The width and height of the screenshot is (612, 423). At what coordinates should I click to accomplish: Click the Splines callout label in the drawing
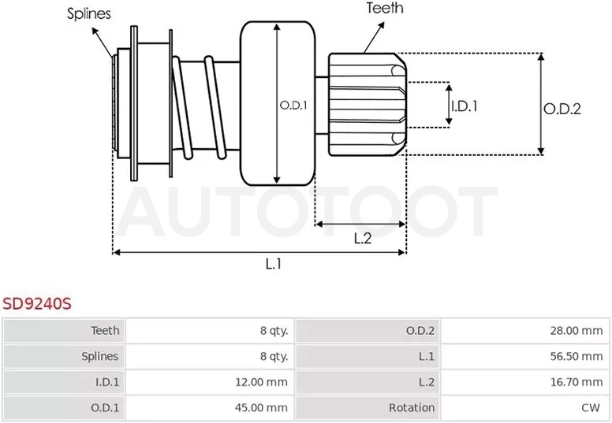pos(89,13)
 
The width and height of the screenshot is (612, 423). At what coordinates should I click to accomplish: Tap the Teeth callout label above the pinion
pos(385,8)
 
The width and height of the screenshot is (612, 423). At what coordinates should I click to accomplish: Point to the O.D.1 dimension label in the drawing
pos(293,106)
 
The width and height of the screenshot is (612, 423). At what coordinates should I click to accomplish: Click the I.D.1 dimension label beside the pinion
pos(465,106)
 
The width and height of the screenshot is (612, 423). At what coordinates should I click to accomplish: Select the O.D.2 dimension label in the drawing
pos(562,109)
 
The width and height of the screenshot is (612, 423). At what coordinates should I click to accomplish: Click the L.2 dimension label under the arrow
pos(363,238)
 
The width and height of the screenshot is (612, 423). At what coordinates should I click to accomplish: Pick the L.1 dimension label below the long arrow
pos(274,265)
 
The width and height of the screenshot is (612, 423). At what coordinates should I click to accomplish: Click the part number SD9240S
pos(37,304)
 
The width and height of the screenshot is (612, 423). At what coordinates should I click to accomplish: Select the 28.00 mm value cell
pos(576,331)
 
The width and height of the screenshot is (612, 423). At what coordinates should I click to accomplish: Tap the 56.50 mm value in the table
pos(576,356)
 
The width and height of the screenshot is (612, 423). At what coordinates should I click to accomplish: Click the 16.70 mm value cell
pos(576,382)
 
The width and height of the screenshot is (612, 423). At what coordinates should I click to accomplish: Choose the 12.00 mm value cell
pos(261,382)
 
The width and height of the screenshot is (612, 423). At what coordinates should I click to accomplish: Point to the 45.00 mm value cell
pos(261,408)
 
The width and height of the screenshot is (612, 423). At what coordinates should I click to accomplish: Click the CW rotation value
pos(590,408)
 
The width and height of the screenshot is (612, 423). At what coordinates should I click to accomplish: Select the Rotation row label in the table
pos(412,408)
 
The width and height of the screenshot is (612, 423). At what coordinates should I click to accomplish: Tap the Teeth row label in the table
pos(105,331)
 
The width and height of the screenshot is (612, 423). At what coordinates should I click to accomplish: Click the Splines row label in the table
pos(100,356)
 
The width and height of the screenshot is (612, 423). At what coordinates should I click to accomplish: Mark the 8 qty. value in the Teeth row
pos(274,331)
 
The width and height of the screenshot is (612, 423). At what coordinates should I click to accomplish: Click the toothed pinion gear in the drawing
pos(367,105)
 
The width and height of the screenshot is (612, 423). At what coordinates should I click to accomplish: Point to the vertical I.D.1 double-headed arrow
pos(449,105)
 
